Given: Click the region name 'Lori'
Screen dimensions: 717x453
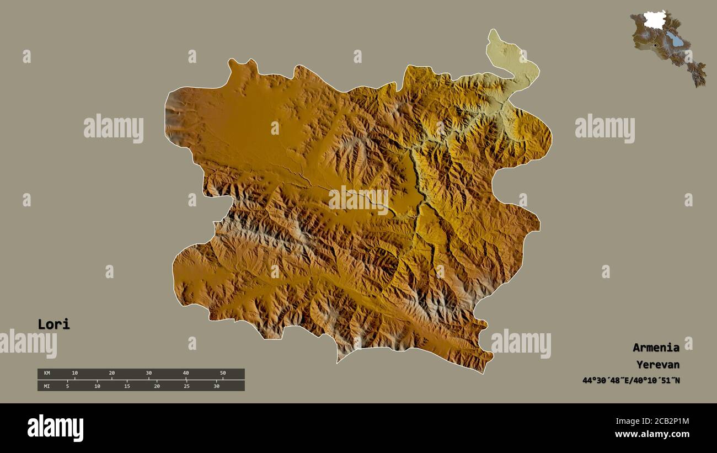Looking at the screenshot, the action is (53, 324).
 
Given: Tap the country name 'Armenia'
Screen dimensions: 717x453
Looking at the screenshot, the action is (656, 348).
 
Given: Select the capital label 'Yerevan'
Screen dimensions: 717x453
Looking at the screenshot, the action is (657, 365).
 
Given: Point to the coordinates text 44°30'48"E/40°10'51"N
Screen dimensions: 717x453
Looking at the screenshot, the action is (631, 380).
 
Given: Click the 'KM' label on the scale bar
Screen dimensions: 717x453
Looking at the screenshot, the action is (46, 374).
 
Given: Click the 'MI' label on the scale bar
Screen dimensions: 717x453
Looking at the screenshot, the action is (46, 386).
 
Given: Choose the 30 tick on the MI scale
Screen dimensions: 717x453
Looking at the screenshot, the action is (216, 386).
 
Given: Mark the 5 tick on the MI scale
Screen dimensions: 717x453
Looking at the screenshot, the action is (68, 386).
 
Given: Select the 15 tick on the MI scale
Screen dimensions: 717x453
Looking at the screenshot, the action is (127, 386).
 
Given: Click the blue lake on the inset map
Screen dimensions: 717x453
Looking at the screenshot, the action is (674, 39).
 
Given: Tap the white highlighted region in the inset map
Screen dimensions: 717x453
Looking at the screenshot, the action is (655, 21).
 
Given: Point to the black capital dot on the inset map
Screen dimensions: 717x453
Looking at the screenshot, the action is (655, 45).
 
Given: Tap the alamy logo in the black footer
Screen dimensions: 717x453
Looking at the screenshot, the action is (55, 428).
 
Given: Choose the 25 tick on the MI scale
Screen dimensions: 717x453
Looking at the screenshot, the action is (186, 386).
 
